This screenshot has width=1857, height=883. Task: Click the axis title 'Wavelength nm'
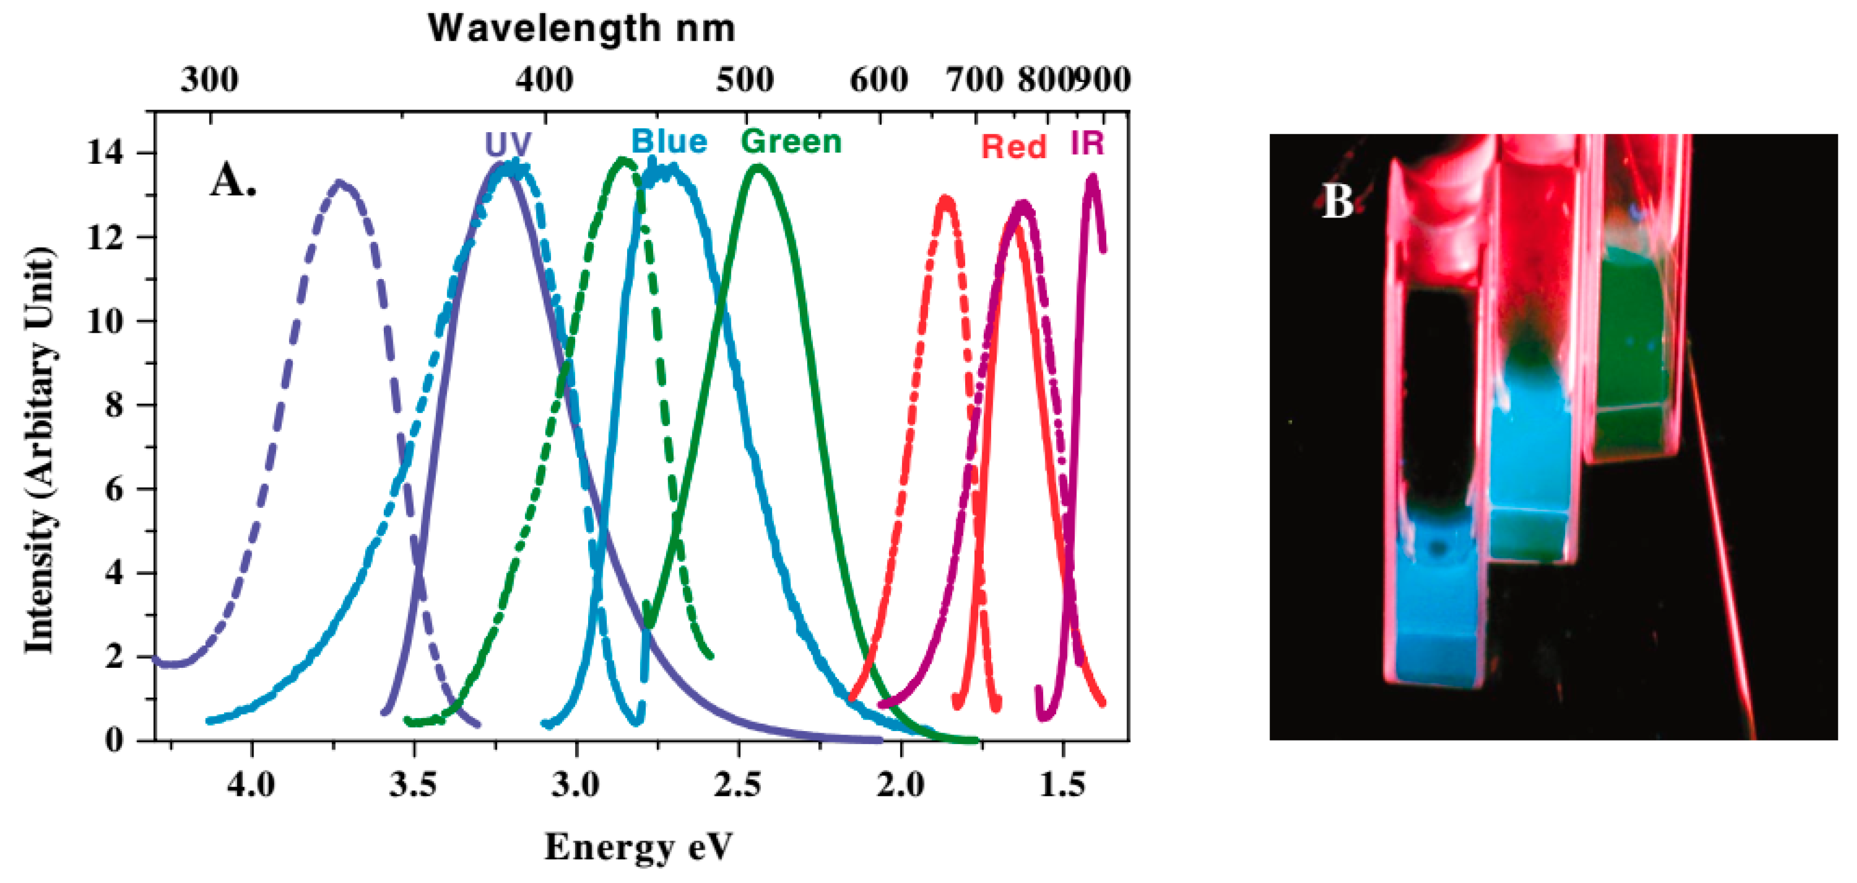pyautogui.click(x=581, y=29)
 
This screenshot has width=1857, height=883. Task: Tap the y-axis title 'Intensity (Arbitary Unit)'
pyautogui.click(x=40, y=451)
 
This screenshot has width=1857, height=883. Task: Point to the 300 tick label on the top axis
pyautogui.click(x=209, y=79)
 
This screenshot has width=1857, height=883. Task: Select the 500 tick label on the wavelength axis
pyautogui.click(x=744, y=79)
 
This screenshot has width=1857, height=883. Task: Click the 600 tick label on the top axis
pyautogui.click(x=878, y=79)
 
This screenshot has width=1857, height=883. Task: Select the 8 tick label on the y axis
pyautogui.click(x=114, y=406)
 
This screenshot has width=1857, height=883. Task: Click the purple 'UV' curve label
pyautogui.click(x=507, y=144)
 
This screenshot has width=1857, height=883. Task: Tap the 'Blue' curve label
pyautogui.click(x=669, y=141)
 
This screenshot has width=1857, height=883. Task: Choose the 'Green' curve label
pyautogui.click(x=791, y=141)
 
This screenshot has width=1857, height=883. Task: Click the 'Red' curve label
pyautogui.click(x=1014, y=147)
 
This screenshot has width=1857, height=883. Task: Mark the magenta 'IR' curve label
pyautogui.click(x=1087, y=143)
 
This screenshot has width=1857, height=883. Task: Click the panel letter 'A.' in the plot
pyautogui.click(x=233, y=180)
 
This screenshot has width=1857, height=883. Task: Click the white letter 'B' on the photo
pyautogui.click(x=1337, y=201)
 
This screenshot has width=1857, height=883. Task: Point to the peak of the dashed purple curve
pyautogui.click(x=341, y=184)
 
